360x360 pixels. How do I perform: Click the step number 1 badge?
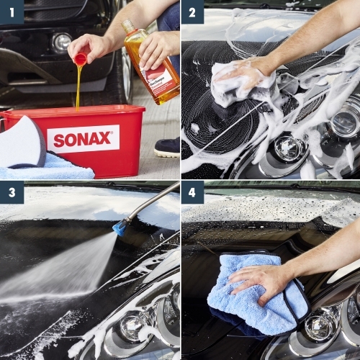[12, 12]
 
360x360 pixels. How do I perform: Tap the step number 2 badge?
[192, 12]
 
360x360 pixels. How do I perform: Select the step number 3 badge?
[12, 193]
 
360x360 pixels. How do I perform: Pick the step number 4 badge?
[192, 193]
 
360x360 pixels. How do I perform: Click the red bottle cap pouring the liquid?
[80, 58]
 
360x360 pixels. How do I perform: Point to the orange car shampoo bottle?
[153, 65]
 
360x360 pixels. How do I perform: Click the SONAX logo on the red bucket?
[83, 138]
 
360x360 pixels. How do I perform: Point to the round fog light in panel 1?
[62, 42]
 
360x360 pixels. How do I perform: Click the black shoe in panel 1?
[167, 147]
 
